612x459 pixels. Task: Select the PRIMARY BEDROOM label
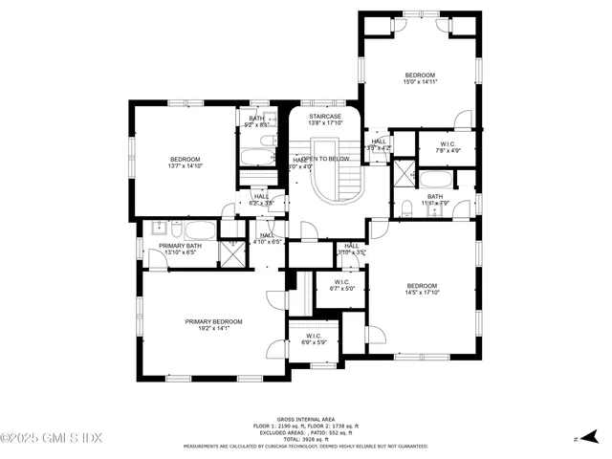coord(213,321)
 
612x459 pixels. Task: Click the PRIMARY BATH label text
coord(180,246)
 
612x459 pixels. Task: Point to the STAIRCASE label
coord(326,116)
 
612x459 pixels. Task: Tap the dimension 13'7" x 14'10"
coord(186,166)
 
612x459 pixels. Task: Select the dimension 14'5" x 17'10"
coord(422,294)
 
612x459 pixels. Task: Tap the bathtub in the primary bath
coord(200,229)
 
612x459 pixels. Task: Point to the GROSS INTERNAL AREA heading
coord(305,419)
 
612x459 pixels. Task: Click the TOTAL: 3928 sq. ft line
coord(305,439)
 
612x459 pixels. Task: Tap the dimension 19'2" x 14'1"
coord(213,329)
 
